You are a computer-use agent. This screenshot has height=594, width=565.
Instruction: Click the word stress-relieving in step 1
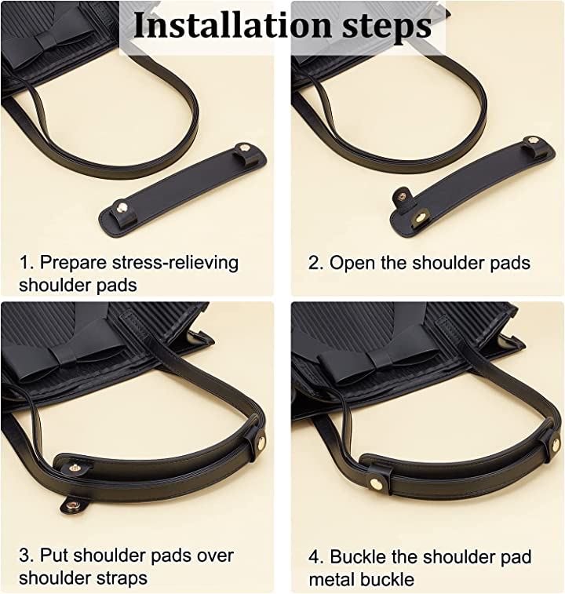tap(176, 263)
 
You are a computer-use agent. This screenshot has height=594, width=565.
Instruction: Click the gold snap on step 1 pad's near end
tap(122, 207)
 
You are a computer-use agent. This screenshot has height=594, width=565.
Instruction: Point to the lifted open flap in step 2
tap(403, 197)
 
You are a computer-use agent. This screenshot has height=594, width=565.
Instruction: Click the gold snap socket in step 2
tap(421, 217)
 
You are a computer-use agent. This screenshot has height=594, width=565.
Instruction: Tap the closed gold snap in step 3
tap(261, 441)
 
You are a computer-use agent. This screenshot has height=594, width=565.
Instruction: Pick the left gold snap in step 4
tap(376, 483)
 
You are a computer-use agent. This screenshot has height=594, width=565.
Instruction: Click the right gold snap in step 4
tap(555, 444)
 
